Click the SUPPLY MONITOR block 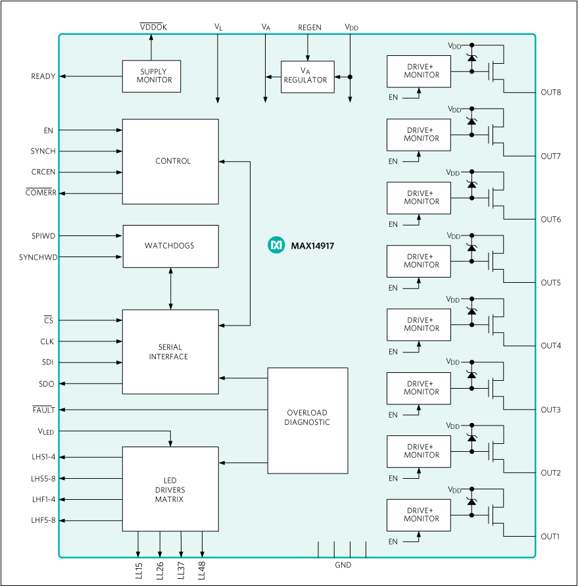click(151, 76)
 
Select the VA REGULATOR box click(307, 76)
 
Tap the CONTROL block click(170, 161)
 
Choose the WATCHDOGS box click(170, 246)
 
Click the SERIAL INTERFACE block click(170, 352)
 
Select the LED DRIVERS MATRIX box click(170, 489)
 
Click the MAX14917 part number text click(312, 246)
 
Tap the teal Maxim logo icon click(276, 245)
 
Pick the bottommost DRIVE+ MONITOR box click(419, 515)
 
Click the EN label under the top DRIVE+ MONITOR click(393, 98)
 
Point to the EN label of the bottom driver click(393, 542)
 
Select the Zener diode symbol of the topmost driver click(471, 58)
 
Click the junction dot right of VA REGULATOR click(350, 77)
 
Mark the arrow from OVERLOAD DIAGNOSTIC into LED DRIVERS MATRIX click(243, 463)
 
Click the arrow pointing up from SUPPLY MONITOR click(151, 46)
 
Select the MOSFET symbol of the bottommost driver click(494, 515)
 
